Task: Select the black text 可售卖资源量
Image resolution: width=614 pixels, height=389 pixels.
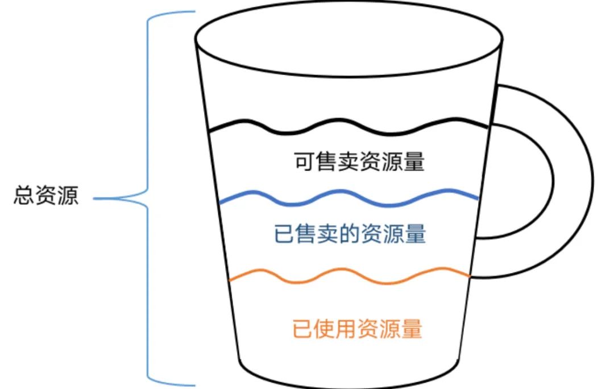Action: pos(359,162)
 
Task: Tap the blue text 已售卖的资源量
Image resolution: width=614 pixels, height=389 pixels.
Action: pos(350,234)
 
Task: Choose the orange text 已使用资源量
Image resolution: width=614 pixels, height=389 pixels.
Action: pos(358,329)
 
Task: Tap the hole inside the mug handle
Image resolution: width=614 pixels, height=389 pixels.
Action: pos(517,182)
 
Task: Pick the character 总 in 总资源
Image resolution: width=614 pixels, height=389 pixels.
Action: pos(23,198)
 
